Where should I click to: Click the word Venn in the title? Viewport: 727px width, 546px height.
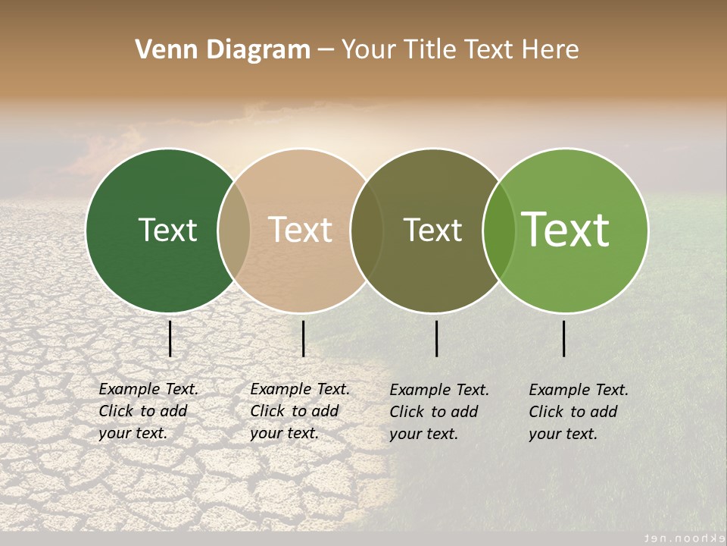click(x=163, y=50)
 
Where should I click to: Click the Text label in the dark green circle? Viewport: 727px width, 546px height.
click(x=167, y=230)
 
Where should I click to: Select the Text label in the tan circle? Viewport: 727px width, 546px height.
click(x=301, y=230)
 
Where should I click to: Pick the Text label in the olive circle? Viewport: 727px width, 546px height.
click(x=432, y=230)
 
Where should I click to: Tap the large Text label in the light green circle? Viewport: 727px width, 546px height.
click(x=566, y=229)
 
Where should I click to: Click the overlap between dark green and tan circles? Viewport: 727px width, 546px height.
click(x=234, y=230)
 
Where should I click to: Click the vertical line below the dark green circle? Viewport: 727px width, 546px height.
click(x=170, y=338)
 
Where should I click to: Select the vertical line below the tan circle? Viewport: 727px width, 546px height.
click(x=303, y=338)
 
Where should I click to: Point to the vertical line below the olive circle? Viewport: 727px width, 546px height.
click(x=437, y=338)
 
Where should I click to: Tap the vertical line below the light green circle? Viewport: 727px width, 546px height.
click(x=564, y=338)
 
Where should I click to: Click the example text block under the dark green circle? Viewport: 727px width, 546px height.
click(x=148, y=411)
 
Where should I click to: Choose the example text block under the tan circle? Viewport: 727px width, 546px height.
click(x=300, y=411)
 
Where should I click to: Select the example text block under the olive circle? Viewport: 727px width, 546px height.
click(x=439, y=412)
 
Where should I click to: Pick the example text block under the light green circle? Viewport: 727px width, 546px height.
click(x=579, y=412)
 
